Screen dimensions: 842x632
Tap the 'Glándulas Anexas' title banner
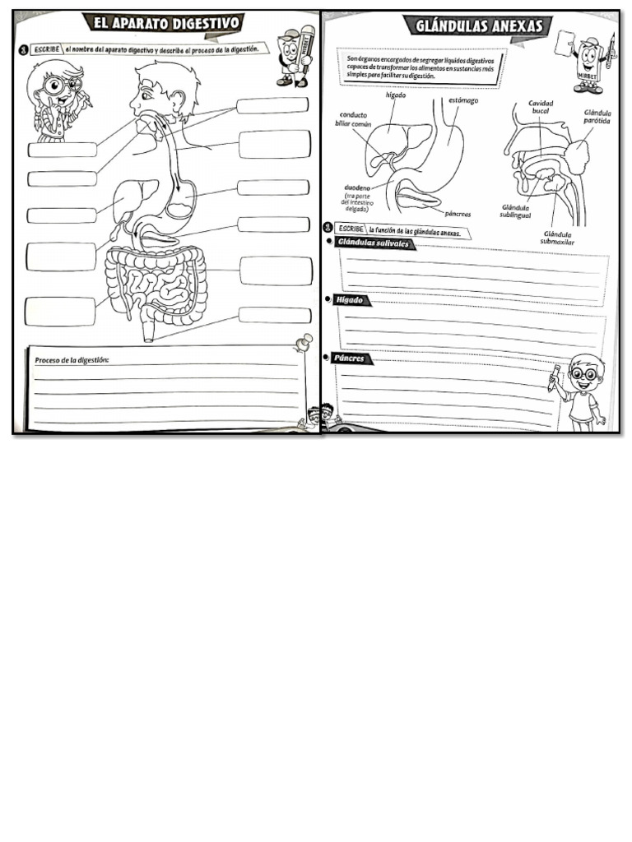coord(478,26)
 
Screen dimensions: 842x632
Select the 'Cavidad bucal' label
coord(541,107)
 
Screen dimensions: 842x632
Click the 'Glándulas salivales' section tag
coord(371,243)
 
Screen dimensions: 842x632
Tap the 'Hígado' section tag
coord(349,300)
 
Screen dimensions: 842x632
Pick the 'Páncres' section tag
coord(351,359)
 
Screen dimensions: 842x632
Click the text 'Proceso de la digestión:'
coord(72,360)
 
